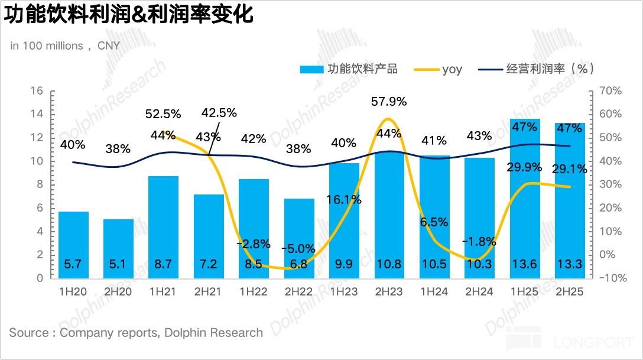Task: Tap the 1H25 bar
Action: coord(525,201)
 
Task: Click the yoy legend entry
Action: coord(452,69)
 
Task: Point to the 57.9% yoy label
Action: coord(389,102)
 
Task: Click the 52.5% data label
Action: coord(163,113)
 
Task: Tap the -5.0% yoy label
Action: coord(299,249)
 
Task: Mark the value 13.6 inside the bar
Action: coord(525,264)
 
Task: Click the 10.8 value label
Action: coord(389,264)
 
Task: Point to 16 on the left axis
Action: coord(37,91)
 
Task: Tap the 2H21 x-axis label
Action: coord(209,292)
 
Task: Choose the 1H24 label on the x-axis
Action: coord(434,292)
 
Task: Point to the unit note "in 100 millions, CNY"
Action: coord(65,46)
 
